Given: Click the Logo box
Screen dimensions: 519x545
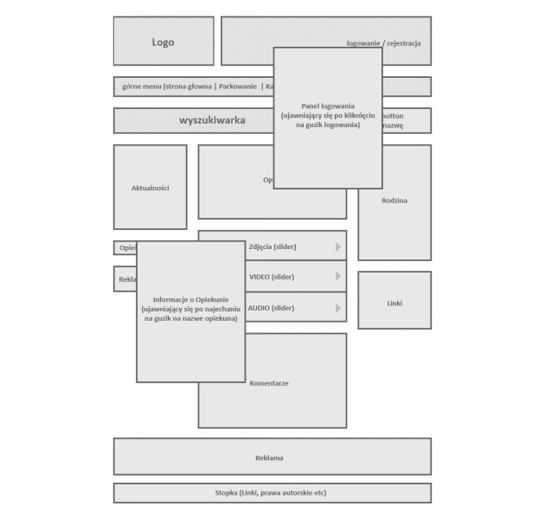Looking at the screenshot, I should pos(163,42).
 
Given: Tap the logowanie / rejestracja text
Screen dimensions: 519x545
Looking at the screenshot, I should pos(383,42).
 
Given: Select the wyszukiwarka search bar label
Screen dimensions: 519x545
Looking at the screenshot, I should pos(212,120).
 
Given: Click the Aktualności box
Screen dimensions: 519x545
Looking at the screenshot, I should pos(150,188).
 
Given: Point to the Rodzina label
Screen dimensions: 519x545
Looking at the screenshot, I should pos(394,201).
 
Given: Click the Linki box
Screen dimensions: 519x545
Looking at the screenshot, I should pos(394,304).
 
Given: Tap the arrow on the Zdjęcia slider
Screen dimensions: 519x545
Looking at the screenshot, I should pos(338,247).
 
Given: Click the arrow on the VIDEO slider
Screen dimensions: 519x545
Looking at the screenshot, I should pos(338,277).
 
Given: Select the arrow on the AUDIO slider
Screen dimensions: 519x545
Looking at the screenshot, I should pos(338,307).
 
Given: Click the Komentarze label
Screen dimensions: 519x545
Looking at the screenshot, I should pos(269,383).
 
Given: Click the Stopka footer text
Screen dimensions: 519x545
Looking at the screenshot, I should pos(271,493).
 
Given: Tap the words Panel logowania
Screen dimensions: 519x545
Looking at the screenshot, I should pos(328,106).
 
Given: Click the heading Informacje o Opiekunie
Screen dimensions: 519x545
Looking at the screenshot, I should pos(190,299).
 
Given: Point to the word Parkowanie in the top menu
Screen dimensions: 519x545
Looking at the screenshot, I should pos(238,86).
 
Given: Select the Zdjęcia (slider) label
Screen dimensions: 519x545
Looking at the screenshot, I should pos(272,247).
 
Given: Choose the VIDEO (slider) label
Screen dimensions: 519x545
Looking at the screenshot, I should pos(272,277).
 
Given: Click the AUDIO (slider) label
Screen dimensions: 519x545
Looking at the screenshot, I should pos(271,307).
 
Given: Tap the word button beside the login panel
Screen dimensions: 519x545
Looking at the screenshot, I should pos(394,115).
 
